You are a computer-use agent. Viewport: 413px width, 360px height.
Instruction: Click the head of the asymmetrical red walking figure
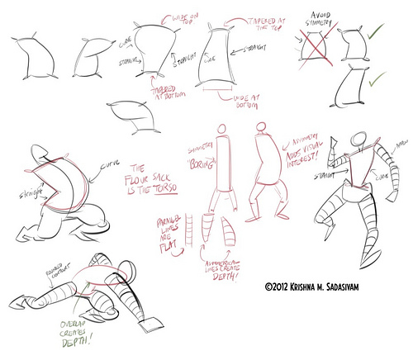260,129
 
